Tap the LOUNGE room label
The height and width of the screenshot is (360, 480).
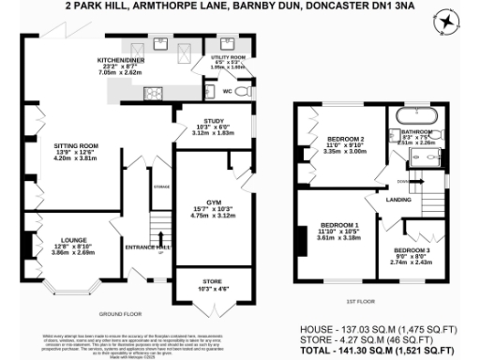(67, 240)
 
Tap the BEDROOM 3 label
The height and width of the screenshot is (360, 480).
(412, 250)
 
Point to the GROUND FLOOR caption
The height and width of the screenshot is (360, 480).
(119, 312)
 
